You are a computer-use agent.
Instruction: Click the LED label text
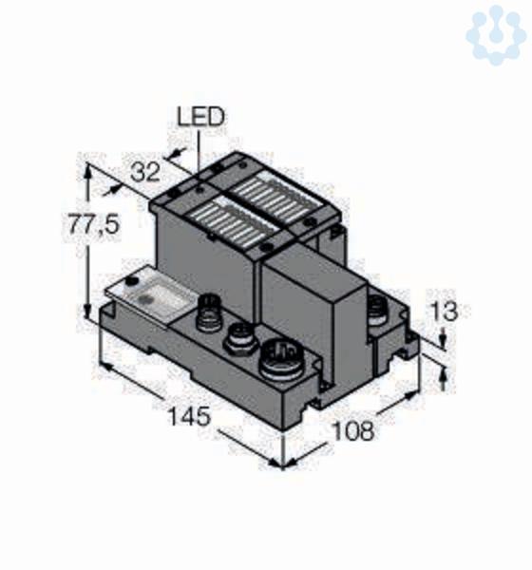coord(200,117)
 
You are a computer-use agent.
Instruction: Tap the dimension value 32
coord(144,172)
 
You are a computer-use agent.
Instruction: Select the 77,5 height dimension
coord(94,224)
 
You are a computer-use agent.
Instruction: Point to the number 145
coord(189,416)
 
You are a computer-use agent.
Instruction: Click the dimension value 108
coord(353,430)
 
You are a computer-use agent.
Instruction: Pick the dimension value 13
coord(444,312)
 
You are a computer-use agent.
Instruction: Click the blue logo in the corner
coord(496,34)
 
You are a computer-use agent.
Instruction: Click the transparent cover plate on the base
coord(150,294)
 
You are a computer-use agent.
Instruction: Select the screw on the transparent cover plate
coord(132,281)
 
